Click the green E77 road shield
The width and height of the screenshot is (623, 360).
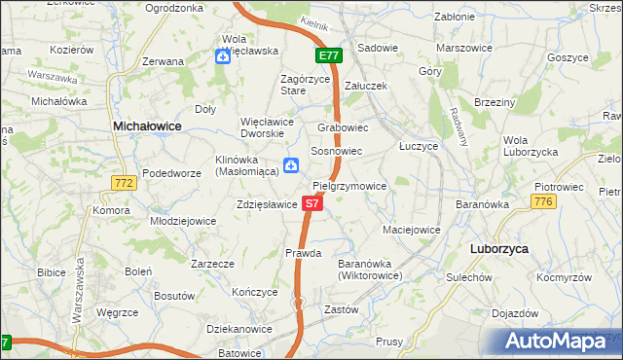(328, 56)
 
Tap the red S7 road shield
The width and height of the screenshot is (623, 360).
(311, 203)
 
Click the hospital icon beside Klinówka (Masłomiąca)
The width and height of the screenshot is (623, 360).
(290, 165)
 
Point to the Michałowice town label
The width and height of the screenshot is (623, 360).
(147, 126)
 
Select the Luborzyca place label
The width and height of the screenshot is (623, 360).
(498, 249)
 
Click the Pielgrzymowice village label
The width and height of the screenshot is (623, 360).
(350, 186)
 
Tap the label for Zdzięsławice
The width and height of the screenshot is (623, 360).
(266, 205)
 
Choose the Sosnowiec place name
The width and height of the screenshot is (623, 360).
(336, 152)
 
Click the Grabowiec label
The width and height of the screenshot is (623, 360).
(343, 127)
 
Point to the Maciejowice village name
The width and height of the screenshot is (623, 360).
(411, 231)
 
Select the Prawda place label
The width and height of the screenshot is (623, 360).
(303, 253)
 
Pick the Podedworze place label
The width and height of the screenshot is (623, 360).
(171, 173)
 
